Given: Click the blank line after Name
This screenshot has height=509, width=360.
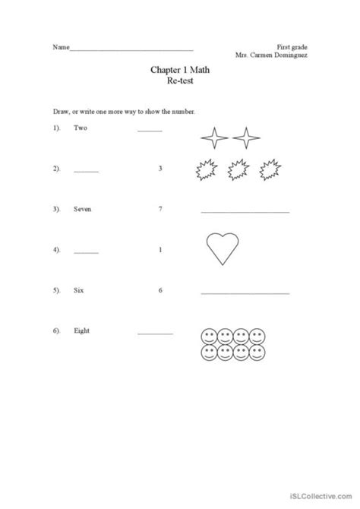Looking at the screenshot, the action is pos(131,49).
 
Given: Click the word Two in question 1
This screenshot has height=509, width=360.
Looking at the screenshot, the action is pos(81,128).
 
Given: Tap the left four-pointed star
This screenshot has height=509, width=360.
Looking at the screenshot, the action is pos(215,138).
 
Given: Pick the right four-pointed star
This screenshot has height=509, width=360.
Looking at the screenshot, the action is pos(245,138).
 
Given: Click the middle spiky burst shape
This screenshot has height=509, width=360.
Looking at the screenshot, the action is pos(237,172).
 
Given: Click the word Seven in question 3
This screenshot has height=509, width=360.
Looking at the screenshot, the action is pos(83,208).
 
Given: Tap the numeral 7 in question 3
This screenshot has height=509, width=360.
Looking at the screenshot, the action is pos(160,208).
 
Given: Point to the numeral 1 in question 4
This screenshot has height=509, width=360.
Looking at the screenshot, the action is pos(160,249).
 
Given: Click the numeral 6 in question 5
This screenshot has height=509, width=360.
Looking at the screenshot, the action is pos(160,290).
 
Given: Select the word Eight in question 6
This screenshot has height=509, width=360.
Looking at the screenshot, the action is pos(81,331).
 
